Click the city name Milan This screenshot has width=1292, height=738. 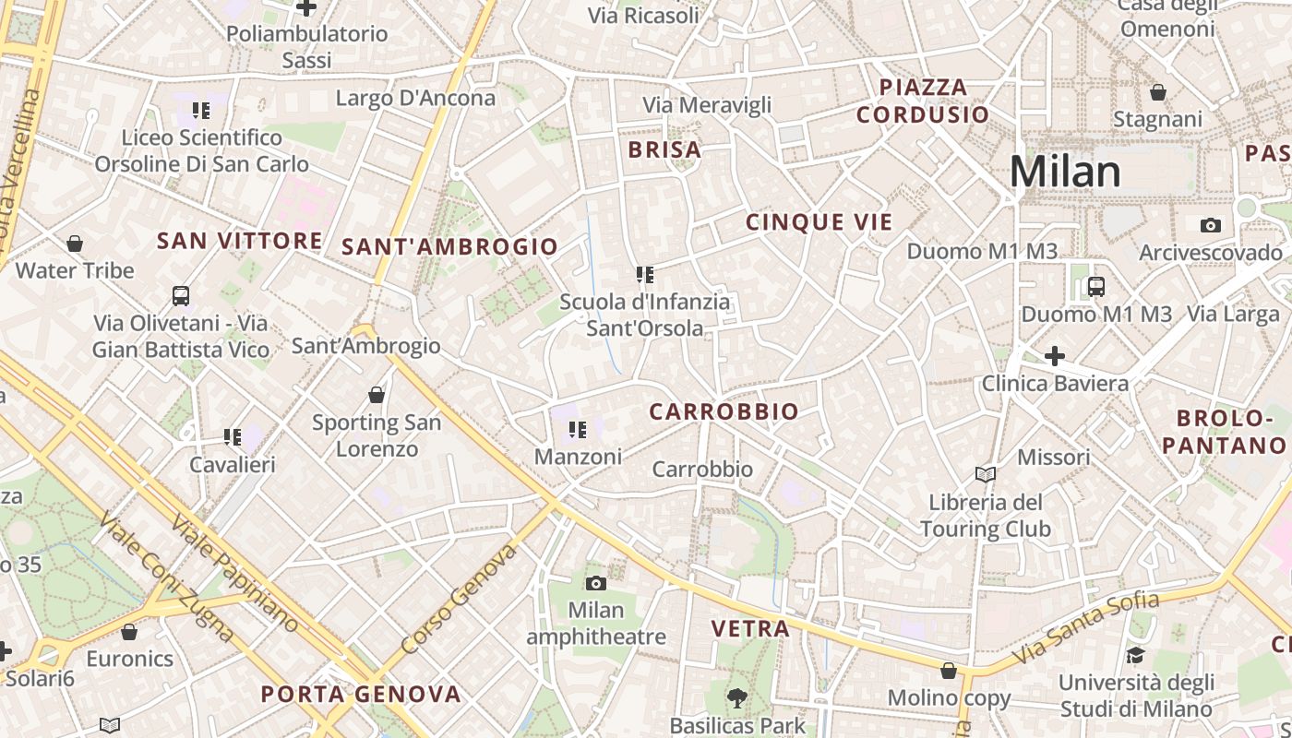tap(1065, 172)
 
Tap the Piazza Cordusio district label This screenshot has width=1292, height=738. tap(923, 101)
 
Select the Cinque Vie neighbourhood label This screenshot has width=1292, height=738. tap(819, 222)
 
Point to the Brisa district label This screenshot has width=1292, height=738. tap(664, 150)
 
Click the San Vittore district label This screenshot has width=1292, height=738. tap(240, 241)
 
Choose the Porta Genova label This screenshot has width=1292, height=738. tap(361, 695)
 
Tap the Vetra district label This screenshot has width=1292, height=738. tap(750, 629)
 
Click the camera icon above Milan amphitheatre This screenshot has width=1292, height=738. tap(596, 583)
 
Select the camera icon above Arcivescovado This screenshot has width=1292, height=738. tap(1210, 225)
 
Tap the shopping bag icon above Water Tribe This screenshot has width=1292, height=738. tap(75, 244)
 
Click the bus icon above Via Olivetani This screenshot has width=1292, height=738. tap(181, 296)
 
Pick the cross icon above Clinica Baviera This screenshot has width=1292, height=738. tap(1055, 355)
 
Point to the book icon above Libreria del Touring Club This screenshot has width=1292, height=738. tap(986, 474)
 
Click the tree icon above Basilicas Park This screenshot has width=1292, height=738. tap(736, 698)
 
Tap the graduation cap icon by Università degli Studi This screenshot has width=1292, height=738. tap(1134, 655)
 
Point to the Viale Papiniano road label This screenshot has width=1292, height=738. tap(235, 572)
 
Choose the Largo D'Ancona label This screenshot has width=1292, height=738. tap(415, 98)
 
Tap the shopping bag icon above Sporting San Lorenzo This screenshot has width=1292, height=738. tap(377, 395)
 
